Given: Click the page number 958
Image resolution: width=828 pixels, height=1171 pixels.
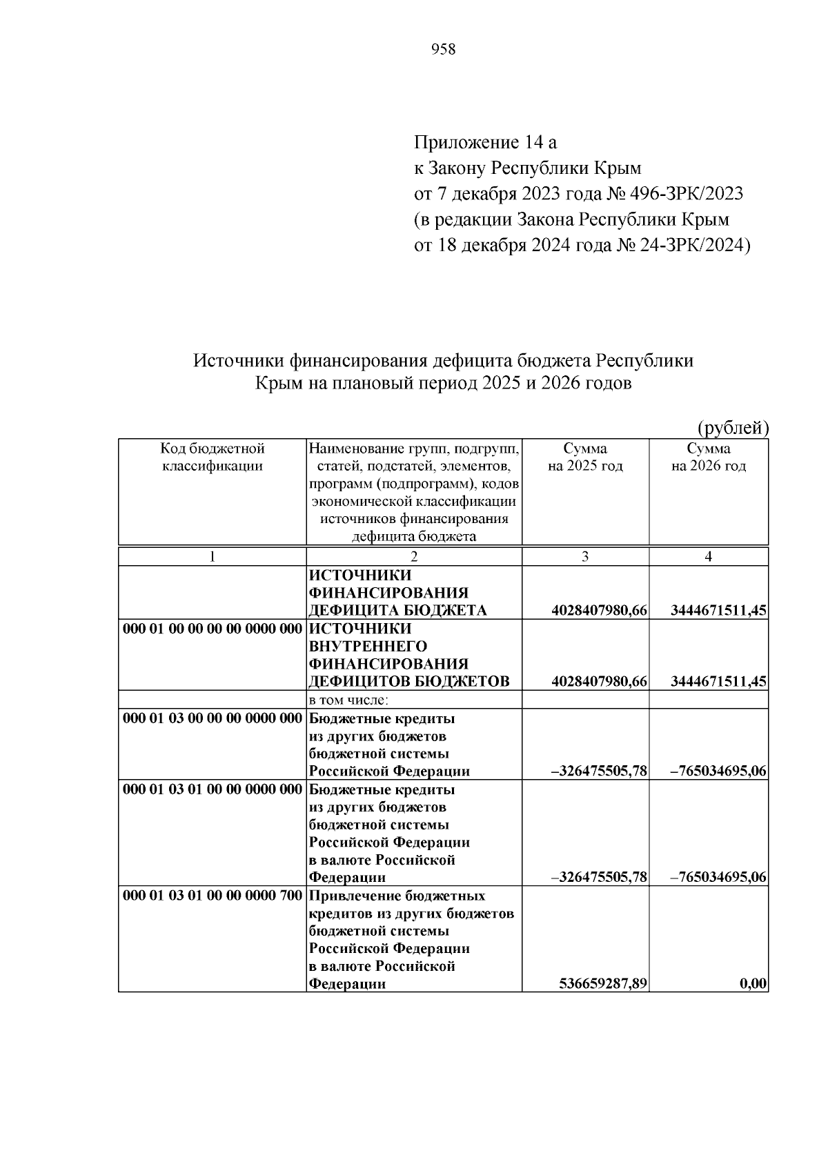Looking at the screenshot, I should tap(443, 50).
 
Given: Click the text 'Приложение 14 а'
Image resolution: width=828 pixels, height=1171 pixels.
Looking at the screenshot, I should tap(484, 143).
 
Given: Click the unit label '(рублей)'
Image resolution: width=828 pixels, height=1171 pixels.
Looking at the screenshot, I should tap(733, 429).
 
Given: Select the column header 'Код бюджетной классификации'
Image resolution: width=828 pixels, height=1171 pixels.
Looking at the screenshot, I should tap(213, 457).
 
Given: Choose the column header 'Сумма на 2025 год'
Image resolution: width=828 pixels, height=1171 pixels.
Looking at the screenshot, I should tap(585, 457).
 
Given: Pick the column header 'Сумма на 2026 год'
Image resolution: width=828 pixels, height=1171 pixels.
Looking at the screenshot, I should tap(709, 457).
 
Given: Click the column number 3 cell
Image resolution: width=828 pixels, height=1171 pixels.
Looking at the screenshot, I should tap(585, 557).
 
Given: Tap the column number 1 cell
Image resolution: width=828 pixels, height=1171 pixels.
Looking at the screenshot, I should tap(213, 557).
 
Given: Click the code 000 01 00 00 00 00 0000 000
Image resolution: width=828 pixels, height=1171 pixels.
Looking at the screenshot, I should tap(213, 629).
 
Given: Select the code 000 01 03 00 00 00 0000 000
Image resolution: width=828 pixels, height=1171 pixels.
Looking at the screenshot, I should tap(213, 718).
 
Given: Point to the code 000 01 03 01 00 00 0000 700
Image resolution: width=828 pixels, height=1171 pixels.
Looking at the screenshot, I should tap(213, 896).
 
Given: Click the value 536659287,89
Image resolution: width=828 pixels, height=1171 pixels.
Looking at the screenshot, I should tap(602, 984).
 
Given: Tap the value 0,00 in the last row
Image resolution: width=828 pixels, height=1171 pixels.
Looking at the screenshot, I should tap(753, 984).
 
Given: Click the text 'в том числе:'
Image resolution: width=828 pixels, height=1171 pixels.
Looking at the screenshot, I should tap(348, 700).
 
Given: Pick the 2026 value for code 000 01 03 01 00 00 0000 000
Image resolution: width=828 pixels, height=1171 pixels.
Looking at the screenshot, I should tap(718, 878).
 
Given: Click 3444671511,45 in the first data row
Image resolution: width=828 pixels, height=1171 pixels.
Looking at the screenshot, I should tap(718, 611).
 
